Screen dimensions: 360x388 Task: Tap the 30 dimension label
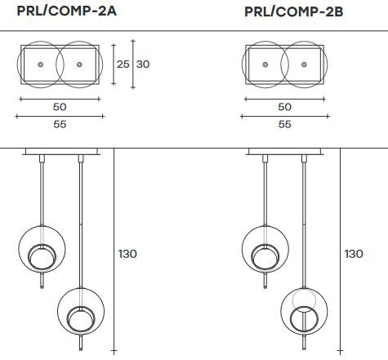(144, 64)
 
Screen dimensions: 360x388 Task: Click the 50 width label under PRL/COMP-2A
(59, 107)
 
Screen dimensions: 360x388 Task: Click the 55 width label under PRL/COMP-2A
(59, 125)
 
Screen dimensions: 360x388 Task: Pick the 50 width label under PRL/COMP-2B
(284, 107)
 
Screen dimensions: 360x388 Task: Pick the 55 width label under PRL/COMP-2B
(284, 125)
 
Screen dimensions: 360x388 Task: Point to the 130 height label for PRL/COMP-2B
(353, 254)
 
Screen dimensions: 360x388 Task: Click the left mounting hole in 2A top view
(39, 64)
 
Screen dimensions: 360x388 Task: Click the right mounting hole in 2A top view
(78, 64)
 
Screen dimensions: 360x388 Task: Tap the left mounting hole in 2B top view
(265, 64)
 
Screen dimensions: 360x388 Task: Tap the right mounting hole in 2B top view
(305, 64)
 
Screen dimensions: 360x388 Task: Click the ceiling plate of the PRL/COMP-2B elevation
(285, 152)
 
